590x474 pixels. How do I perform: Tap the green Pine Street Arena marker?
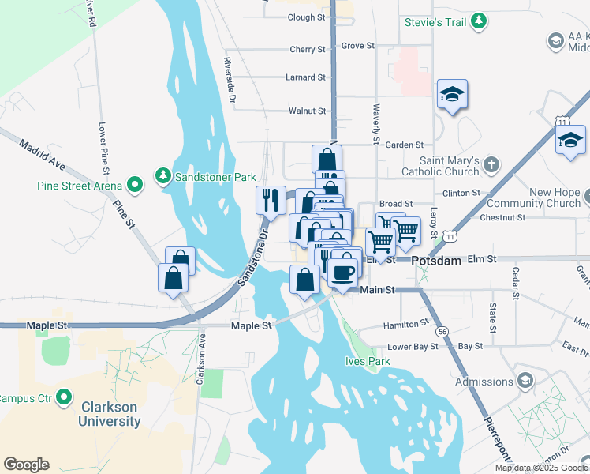135,186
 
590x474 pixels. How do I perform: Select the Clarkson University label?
109,414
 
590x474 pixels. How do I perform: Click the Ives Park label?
368,361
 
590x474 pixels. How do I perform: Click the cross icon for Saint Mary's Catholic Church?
491,164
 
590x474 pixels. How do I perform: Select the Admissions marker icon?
525,382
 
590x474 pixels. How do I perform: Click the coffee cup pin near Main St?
342,273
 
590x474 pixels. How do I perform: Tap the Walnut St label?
307,111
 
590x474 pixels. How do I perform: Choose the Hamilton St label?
405,325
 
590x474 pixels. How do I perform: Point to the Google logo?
26,465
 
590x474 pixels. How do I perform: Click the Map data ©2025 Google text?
541,468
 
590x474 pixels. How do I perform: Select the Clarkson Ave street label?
201,359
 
